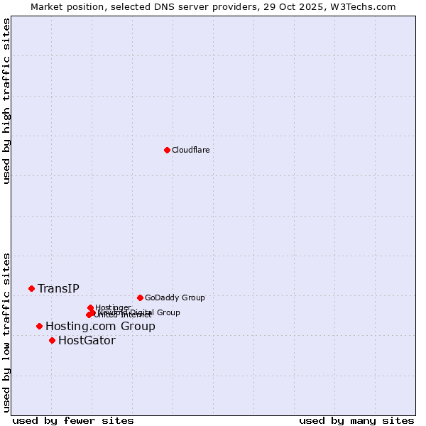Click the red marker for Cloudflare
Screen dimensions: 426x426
pyautogui.click(x=167, y=150)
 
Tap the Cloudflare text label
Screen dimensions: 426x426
pyautogui.click(x=190, y=150)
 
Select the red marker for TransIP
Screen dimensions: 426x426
pyautogui.click(x=31, y=288)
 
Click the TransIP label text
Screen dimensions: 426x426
pyautogui.click(x=58, y=288)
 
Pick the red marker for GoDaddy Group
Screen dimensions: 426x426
pyautogui.click(x=140, y=297)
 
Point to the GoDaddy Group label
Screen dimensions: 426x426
pyautogui.click(x=174, y=297)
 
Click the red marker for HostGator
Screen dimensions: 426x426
pyautogui.click(x=52, y=340)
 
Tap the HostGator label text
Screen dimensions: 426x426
pyautogui.click(x=87, y=340)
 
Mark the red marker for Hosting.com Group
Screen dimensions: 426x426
pyautogui.click(x=39, y=326)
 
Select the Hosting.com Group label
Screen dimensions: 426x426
pyautogui.click(x=100, y=326)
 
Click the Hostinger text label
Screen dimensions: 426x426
pyautogui.click(x=113, y=307)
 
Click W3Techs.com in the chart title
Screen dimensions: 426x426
pyautogui.click(x=361, y=6)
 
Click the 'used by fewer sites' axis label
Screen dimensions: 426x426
pyautogui.click(x=73, y=420)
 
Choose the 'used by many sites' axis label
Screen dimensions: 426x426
pyautogui.click(x=356, y=420)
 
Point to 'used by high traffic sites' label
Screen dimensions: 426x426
pyautogui.click(x=6, y=101)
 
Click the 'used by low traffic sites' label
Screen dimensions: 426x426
pyautogui.click(x=6, y=332)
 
